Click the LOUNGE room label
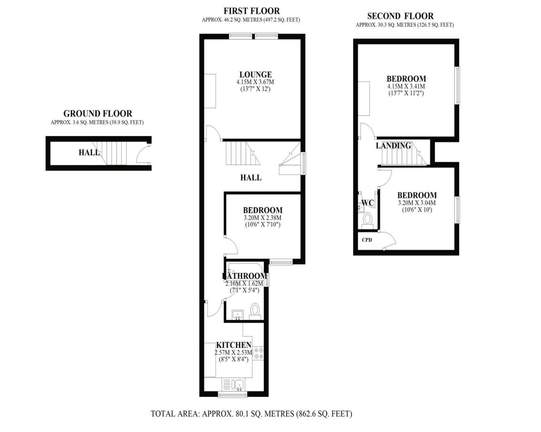[255, 74]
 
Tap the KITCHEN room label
[234, 345]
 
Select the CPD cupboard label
[367, 240]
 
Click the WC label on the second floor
[368, 203]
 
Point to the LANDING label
[393, 146]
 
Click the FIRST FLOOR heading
[251, 11]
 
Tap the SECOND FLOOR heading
[400, 16]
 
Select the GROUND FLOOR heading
[98, 114]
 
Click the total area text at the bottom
[251, 414]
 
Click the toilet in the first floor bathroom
[255, 311]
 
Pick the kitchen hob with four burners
[258, 353]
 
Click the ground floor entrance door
[143, 154]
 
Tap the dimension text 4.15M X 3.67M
[255, 82]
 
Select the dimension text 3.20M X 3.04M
[416, 203]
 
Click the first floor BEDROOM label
[263, 210]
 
